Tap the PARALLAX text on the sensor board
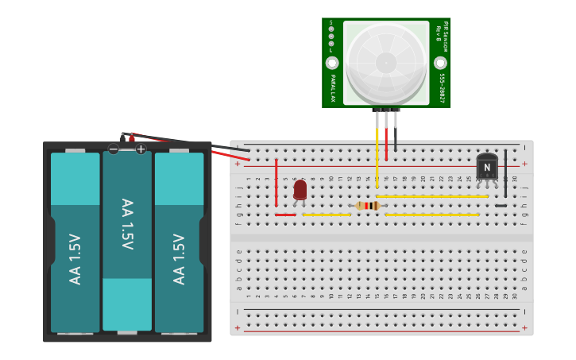coord(333,88)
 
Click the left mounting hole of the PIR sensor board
coord(332,63)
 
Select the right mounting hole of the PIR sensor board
coord(440,63)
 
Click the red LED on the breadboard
coord(300,190)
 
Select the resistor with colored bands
coord(367,206)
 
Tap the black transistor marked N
coord(487,167)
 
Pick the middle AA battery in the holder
coord(127,238)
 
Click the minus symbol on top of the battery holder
coord(114,149)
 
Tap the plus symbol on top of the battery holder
coord(141,149)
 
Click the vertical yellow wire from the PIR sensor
coord(377,155)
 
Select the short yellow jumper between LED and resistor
coord(327,215)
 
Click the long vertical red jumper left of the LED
coord(276,183)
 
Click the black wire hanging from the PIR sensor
coord(395,135)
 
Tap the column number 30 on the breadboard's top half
coord(515,179)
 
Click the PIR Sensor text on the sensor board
coord(446,36)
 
